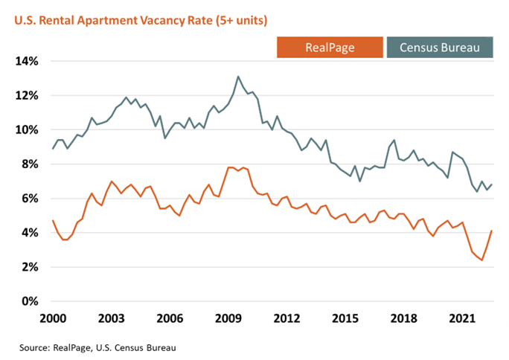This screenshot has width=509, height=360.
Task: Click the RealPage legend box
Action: point(330,48)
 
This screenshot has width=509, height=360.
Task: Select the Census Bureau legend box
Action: point(441,48)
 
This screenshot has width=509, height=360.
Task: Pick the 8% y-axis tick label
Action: point(30,164)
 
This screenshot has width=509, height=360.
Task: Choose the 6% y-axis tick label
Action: point(30,199)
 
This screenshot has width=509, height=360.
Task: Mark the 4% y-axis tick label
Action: point(30,233)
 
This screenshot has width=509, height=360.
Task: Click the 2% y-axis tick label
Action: point(30,267)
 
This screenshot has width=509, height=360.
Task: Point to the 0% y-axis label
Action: point(30,301)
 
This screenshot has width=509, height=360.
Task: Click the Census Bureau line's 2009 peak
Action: point(238,77)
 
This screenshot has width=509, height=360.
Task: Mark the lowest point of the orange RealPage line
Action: point(481,260)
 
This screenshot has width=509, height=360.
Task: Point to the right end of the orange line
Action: point(492,231)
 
